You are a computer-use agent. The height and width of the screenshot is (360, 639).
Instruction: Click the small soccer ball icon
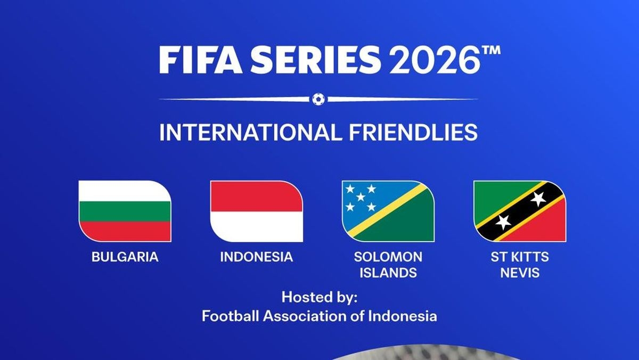click(x=318, y=99)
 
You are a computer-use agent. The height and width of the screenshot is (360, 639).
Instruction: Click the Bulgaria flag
click(x=125, y=211)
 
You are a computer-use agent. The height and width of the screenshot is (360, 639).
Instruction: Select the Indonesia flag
click(x=257, y=211)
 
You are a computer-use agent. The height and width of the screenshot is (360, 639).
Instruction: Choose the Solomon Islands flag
click(x=388, y=211)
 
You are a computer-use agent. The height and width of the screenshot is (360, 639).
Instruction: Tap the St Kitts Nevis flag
click(x=520, y=211)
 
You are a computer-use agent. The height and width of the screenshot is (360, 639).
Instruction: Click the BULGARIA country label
click(x=125, y=257)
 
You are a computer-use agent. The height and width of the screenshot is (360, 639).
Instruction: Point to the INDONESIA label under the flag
click(x=257, y=257)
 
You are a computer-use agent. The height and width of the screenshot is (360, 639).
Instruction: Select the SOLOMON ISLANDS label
click(x=388, y=265)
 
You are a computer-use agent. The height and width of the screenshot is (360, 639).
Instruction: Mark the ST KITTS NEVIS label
click(x=520, y=265)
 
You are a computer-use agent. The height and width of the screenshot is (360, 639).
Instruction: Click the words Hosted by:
click(x=319, y=297)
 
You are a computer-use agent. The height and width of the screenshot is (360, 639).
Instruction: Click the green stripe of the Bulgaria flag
click(x=125, y=211)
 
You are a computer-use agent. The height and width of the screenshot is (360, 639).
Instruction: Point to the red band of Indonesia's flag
click(x=257, y=196)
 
